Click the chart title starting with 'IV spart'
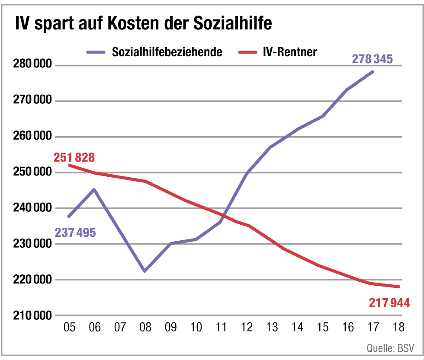[143, 23]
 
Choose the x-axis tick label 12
[247, 327]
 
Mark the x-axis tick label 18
[398, 327]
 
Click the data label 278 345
[372, 59]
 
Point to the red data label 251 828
[74, 157]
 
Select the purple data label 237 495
[75, 233]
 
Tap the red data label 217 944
[389, 302]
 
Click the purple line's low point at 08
[145, 271]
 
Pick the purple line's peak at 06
[94, 189]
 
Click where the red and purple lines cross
[223, 214]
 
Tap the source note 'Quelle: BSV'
[390, 347]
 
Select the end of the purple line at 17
[373, 71]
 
